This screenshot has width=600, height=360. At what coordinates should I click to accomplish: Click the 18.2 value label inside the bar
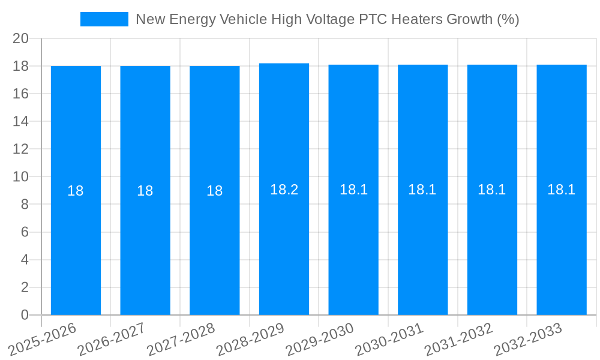tap(284, 190)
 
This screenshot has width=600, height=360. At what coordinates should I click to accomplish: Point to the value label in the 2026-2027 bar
tap(145, 191)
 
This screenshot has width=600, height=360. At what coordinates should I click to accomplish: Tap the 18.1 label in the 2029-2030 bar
tap(353, 190)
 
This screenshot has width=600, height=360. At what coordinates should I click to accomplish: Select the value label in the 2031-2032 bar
tap(492, 190)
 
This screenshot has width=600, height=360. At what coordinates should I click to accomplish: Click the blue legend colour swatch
tap(104, 19)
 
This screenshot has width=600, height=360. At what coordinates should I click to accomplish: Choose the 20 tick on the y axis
tap(21, 38)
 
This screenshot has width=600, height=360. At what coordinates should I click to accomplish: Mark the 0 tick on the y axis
tap(25, 315)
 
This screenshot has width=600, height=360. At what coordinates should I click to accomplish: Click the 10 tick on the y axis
tap(21, 177)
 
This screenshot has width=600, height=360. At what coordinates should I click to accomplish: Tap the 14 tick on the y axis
tap(21, 121)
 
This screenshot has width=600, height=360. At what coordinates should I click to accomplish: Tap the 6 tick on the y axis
tap(25, 232)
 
